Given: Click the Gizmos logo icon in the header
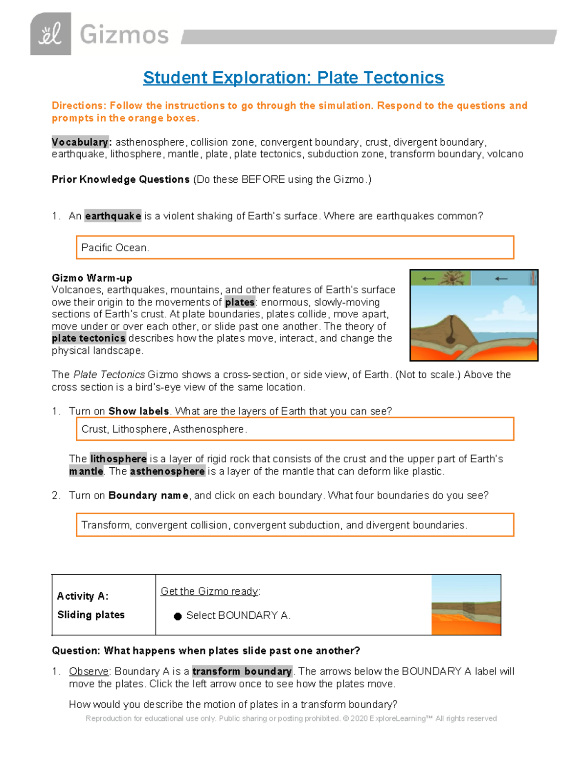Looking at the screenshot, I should tap(50, 34).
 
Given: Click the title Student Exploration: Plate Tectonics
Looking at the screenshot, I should tap(293, 78).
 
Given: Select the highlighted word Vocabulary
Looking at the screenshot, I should tap(81, 142).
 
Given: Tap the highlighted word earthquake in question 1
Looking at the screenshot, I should tap(113, 216).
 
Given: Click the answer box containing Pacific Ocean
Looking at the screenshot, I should tap(295, 247).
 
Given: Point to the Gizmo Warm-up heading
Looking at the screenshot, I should tap(92, 278).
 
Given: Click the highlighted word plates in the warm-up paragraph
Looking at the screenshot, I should tap(240, 302).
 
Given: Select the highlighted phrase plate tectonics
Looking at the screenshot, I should tap(89, 338).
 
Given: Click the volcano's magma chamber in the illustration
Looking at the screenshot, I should tap(450, 337).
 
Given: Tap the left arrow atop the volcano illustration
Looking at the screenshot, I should tap(429, 279).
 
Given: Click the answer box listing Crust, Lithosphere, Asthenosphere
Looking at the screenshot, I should tap(295, 429).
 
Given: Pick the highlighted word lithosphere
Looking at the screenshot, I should tap(118, 459).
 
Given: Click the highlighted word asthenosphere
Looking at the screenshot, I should tap(167, 472).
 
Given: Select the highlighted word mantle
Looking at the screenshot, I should tap(86, 472).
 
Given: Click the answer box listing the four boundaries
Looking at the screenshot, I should tap(295, 525).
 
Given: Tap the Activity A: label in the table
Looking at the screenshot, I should tap(83, 596).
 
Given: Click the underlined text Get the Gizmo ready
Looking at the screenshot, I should tap(210, 591).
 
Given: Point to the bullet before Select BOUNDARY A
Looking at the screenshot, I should tap(178, 616).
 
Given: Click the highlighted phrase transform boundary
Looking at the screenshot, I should tap(242, 672).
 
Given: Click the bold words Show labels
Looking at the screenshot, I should tap(138, 412).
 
